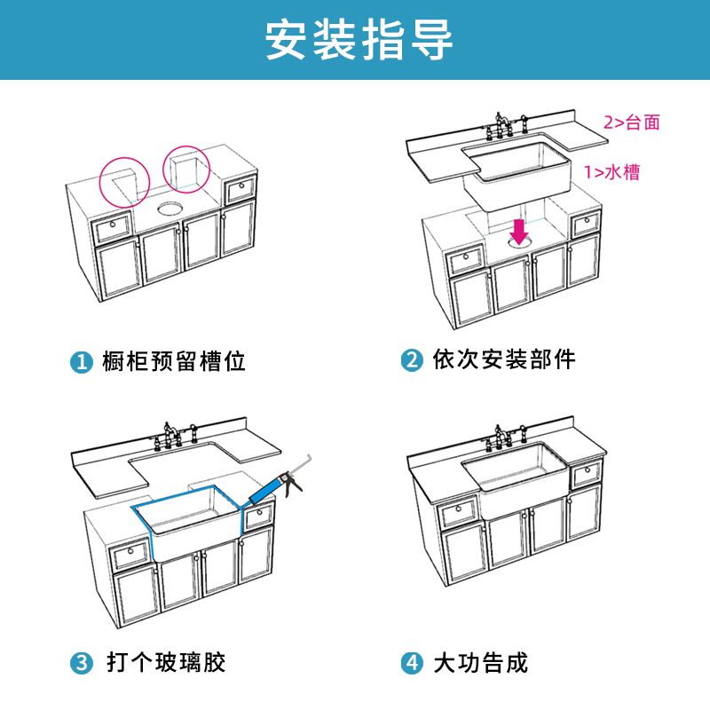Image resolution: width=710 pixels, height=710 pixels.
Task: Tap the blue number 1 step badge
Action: point(82,362)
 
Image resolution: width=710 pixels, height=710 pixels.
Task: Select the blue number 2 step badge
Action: point(411,361)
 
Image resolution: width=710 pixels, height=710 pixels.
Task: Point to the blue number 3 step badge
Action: point(82,663)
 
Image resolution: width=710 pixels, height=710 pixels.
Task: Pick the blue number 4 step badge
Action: point(411,663)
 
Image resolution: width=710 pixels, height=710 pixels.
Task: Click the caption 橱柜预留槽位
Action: point(174,362)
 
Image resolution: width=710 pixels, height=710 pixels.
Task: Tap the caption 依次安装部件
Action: point(504,360)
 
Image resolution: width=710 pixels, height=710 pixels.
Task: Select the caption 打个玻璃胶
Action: point(167,663)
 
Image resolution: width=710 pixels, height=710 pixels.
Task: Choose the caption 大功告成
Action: point(480,663)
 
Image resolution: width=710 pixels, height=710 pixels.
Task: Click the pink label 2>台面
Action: point(632,122)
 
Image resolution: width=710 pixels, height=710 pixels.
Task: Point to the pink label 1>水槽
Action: point(611,172)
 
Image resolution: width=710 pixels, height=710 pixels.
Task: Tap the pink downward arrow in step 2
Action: point(520,231)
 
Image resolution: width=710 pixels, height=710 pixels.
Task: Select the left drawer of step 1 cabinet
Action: point(113,228)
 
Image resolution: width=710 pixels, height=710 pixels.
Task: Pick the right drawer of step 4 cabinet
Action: point(585,474)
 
